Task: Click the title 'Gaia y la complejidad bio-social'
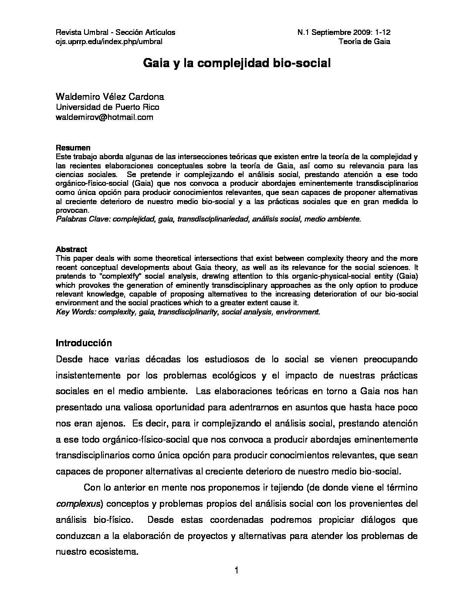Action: point(237,64)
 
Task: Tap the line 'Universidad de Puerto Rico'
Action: point(108,107)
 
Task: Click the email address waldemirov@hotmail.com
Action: point(105,117)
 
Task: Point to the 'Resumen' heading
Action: point(73,147)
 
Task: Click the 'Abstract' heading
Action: point(71,249)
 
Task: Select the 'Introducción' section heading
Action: point(84,343)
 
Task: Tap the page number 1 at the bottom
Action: point(237,571)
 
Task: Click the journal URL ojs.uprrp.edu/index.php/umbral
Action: point(109,42)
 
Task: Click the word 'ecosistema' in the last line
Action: point(115,552)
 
